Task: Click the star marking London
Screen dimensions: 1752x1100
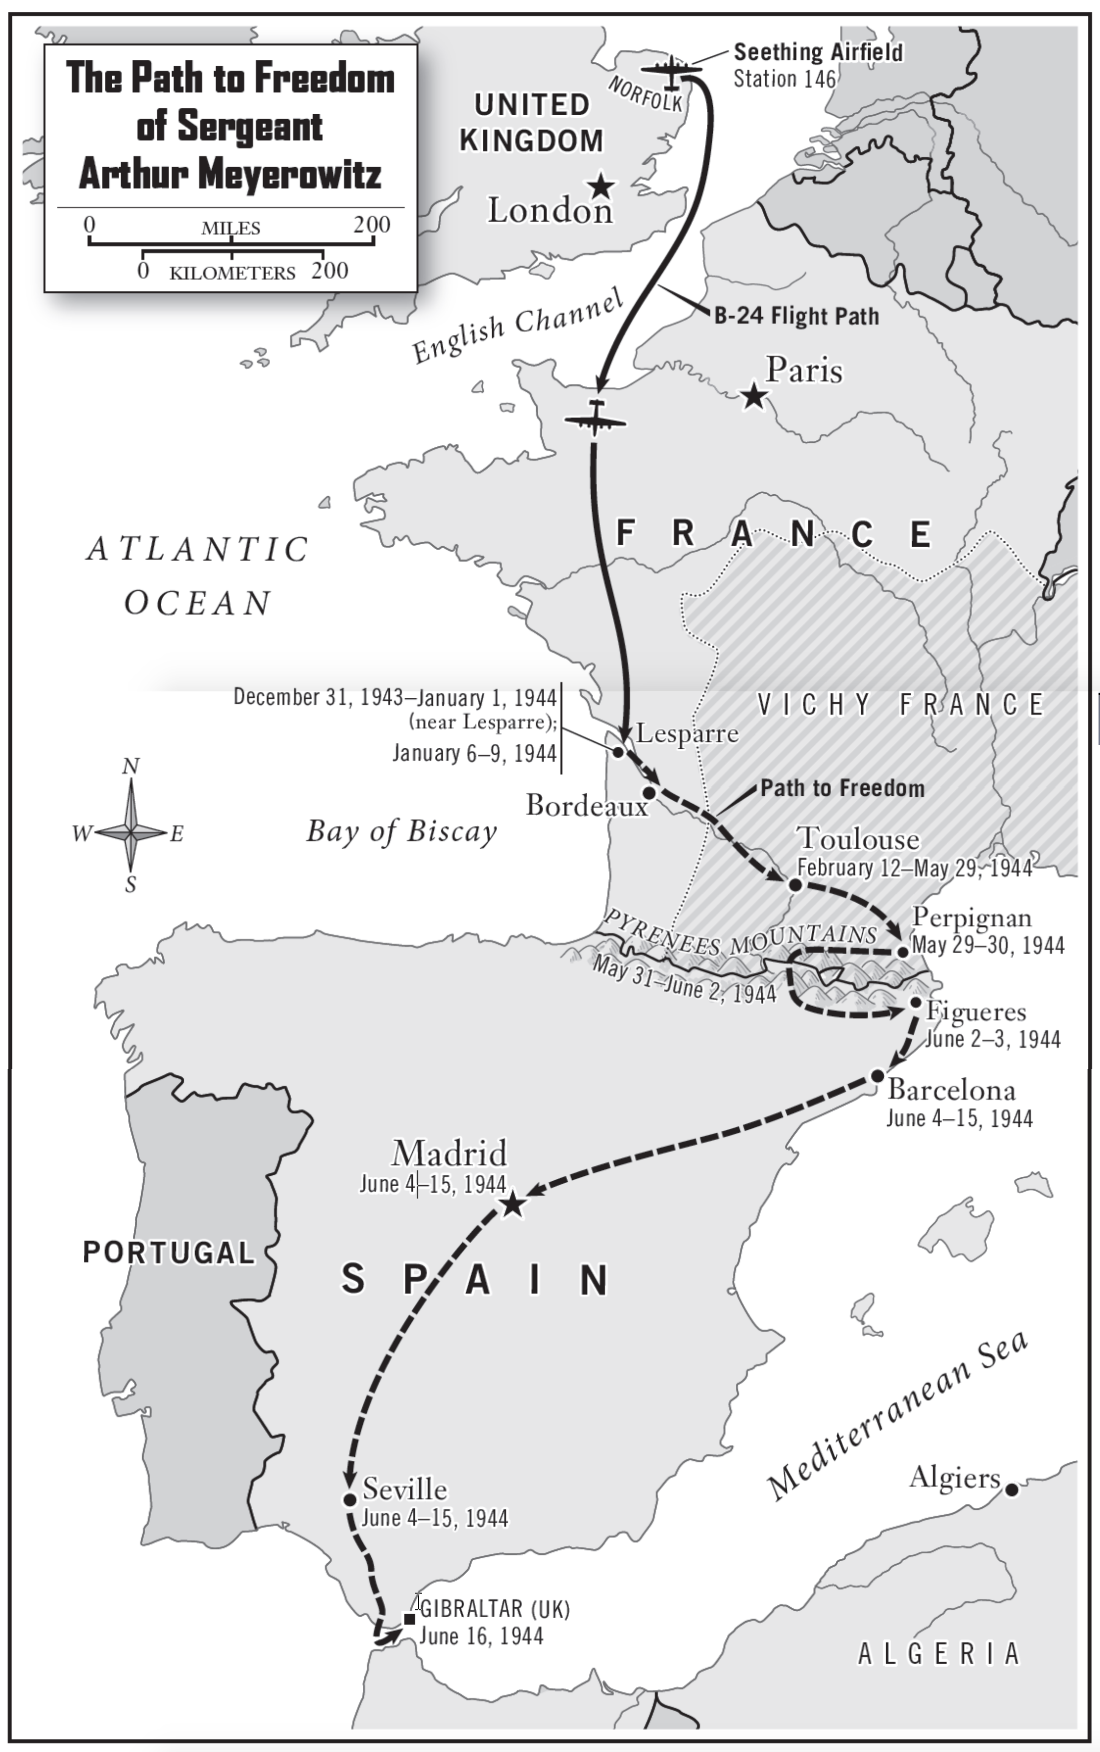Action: pos(601,186)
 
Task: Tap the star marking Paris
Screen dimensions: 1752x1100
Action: pos(754,397)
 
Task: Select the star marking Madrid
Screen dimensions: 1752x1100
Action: pos(512,1204)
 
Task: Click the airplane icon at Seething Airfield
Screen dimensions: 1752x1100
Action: pos(671,70)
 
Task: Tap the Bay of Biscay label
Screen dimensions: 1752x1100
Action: pos(401,831)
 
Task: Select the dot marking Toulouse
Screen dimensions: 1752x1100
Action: pos(795,885)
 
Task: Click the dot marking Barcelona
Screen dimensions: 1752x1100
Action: pos(877,1075)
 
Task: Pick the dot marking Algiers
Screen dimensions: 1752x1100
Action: pos(1011,1489)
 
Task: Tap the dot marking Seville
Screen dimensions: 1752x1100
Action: pos(349,1499)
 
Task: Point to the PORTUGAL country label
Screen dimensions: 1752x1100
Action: pos(169,1253)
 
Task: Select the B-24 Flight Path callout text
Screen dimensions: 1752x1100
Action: pos(797,316)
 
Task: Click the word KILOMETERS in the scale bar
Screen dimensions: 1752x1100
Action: pos(232,274)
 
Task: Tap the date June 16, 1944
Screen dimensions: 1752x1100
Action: pos(481,1636)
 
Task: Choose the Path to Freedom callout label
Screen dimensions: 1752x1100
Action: pos(843,788)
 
